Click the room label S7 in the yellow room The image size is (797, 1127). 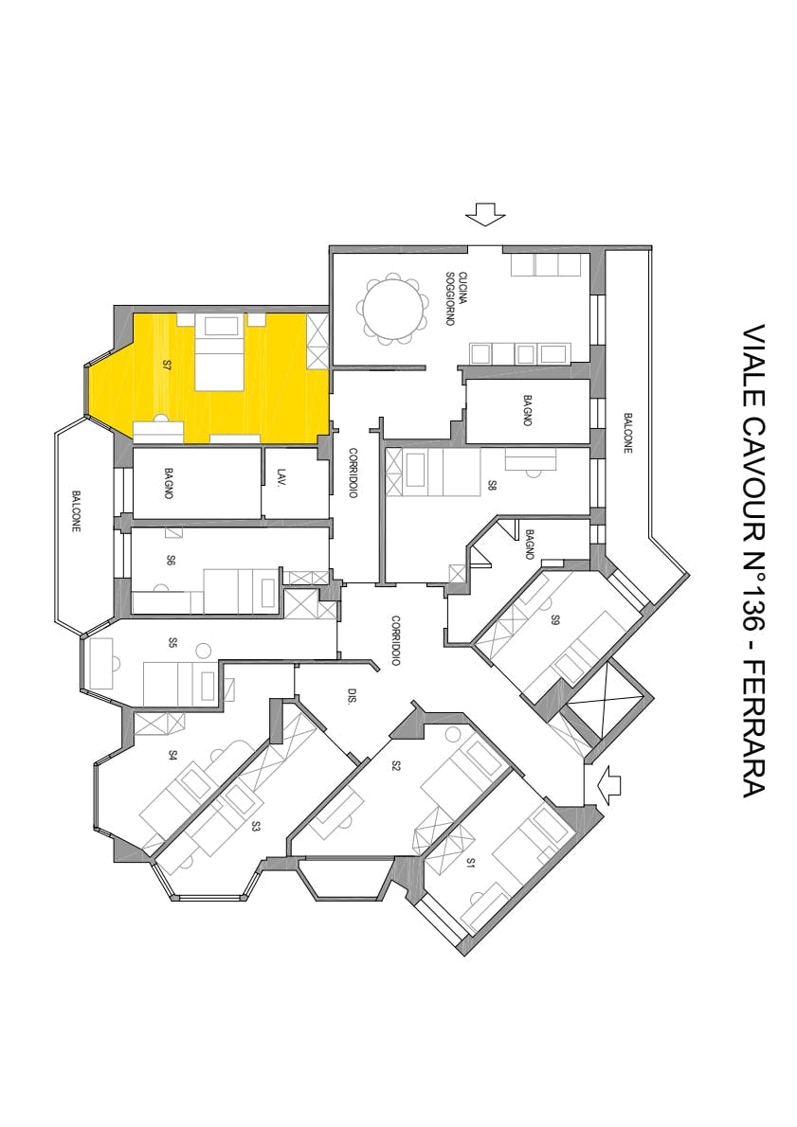(167, 364)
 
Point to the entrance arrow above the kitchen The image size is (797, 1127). (486, 214)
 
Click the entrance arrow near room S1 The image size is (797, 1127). (607, 783)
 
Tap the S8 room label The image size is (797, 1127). (492, 485)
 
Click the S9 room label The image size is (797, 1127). (556, 621)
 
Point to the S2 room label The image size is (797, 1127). (396, 765)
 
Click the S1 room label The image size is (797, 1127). (470, 863)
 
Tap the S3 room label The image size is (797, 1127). (256, 826)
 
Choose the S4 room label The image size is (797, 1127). (172, 755)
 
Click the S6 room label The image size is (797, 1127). (171, 561)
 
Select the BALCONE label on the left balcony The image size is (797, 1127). (77, 510)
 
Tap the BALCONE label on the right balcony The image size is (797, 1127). (627, 432)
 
